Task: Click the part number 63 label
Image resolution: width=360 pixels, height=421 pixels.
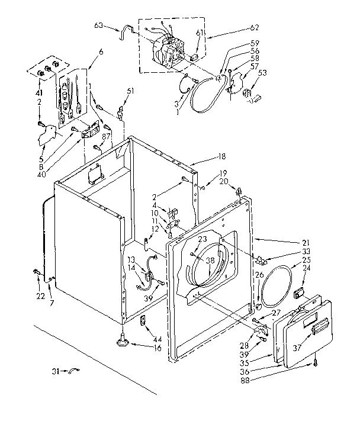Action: (x=98, y=25)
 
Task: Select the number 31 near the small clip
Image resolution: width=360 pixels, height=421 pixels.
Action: (x=54, y=371)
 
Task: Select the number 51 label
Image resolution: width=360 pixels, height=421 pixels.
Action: (x=131, y=91)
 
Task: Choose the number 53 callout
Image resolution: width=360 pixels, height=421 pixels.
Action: (x=262, y=73)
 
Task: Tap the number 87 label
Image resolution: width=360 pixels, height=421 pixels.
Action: (x=107, y=136)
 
